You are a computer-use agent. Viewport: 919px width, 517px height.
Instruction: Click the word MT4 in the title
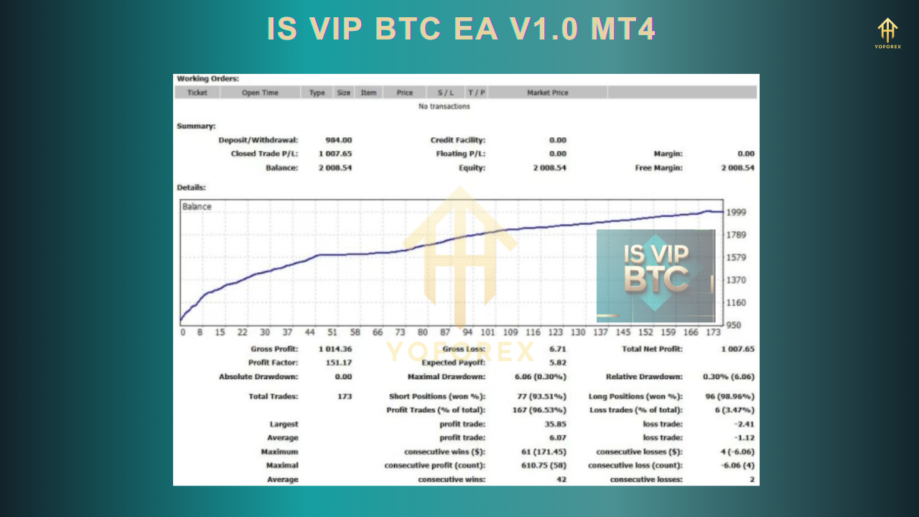click(x=623, y=29)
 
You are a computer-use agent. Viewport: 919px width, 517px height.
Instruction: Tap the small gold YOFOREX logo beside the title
click(x=887, y=33)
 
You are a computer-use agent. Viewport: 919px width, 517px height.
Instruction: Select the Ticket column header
click(x=197, y=93)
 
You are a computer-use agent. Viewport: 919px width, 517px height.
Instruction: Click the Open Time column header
click(x=260, y=93)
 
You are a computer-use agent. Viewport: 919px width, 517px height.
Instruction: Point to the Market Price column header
click(x=547, y=93)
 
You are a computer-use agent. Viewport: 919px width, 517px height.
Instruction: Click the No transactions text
click(x=444, y=106)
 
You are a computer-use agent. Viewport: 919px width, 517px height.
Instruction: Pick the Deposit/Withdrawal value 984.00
click(x=339, y=140)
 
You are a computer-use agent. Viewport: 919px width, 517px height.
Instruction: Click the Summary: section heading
click(x=196, y=126)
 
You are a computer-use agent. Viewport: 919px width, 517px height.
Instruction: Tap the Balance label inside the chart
click(x=197, y=207)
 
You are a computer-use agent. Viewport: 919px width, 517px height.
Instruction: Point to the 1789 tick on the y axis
click(x=737, y=235)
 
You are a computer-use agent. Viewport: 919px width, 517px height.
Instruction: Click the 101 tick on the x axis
click(x=488, y=332)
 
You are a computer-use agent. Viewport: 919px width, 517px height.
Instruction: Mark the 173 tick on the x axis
click(x=713, y=332)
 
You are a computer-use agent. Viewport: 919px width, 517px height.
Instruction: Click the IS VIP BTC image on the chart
click(x=656, y=275)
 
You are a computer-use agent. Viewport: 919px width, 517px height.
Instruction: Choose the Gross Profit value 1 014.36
click(x=335, y=349)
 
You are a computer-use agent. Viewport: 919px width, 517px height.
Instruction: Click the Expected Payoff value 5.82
click(x=556, y=363)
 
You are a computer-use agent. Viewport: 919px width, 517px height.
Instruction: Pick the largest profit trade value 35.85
click(x=554, y=424)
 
